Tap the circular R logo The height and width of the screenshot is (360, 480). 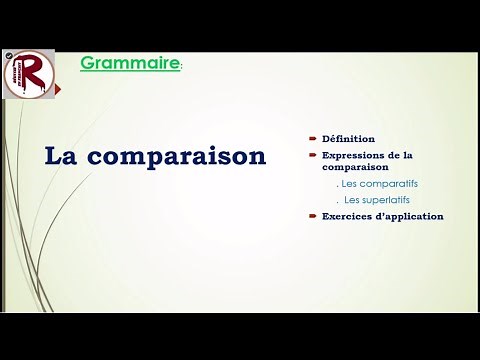[28, 74]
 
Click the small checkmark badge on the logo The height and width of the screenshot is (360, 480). [8, 57]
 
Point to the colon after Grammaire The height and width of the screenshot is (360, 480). [181, 68]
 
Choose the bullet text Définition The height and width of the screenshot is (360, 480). [348, 138]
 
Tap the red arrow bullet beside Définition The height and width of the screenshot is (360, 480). [312, 138]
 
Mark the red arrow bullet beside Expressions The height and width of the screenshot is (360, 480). [312, 155]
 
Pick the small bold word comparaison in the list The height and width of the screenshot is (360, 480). [353, 169]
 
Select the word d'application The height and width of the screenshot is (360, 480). [412, 216]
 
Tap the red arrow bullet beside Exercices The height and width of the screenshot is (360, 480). [312, 216]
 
